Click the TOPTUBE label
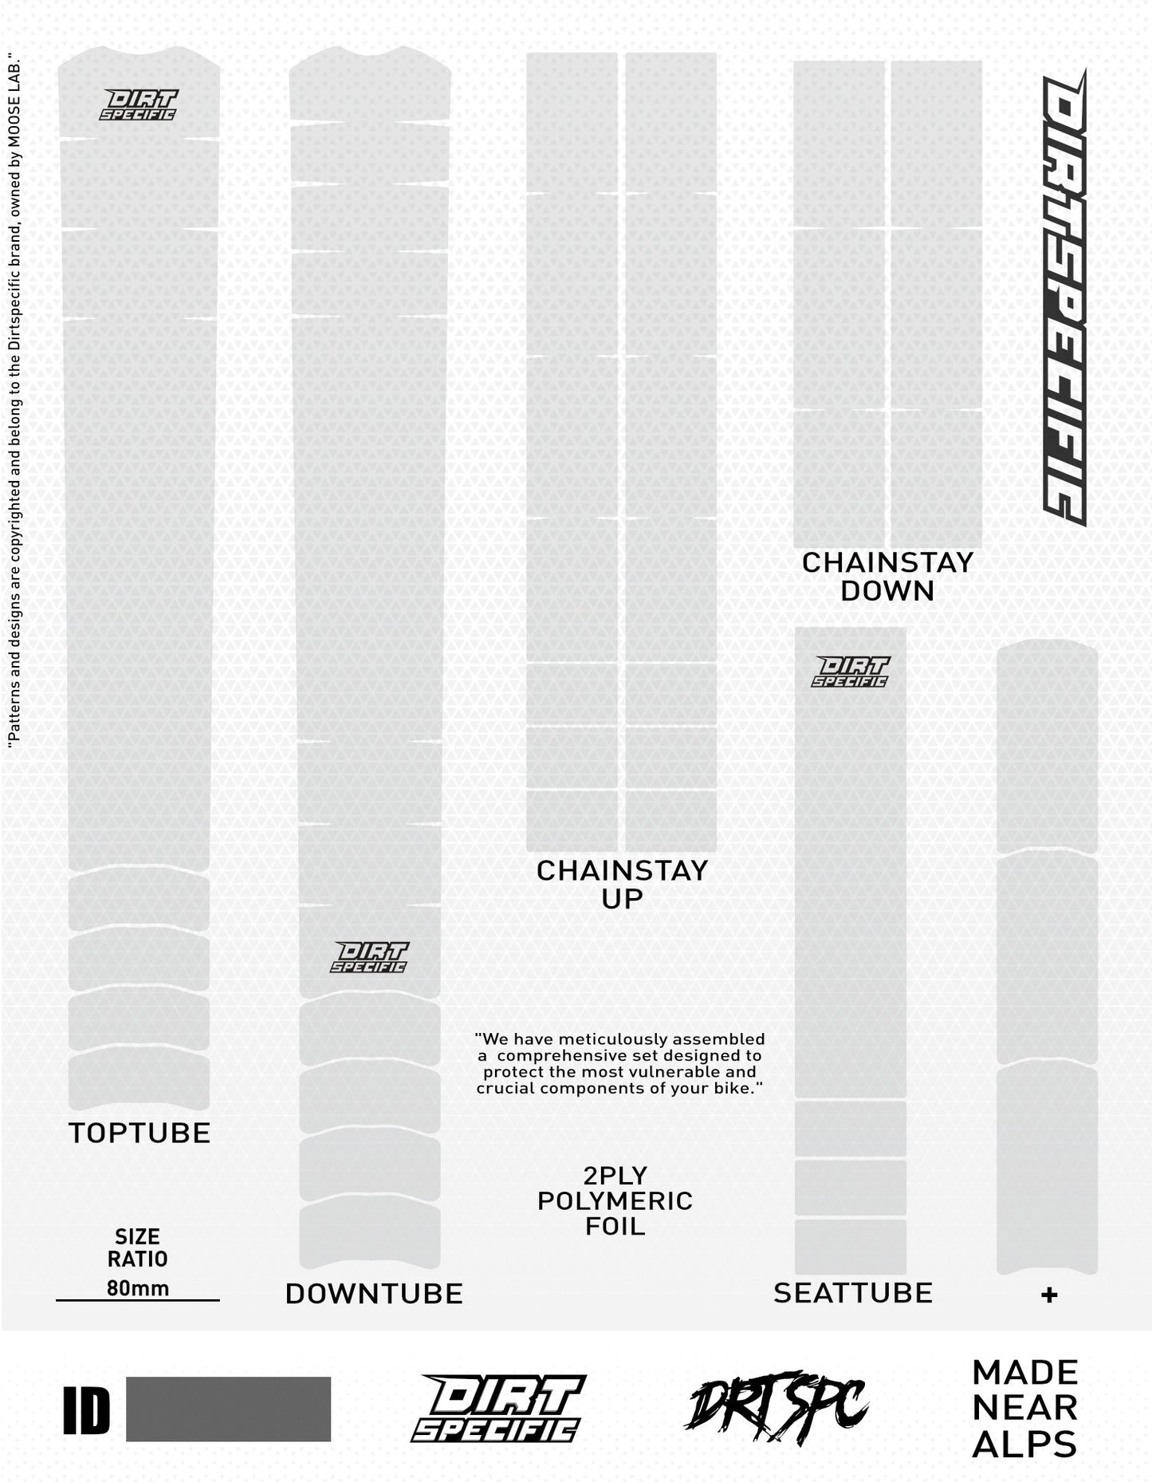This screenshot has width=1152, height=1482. click(140, 1133)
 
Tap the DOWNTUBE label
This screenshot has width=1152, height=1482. click(374, 1294)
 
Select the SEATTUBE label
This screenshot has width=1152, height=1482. click(853, 1293)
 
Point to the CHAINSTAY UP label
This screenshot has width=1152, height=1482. click(622, 884)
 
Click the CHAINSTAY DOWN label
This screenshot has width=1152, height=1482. click(887, 577)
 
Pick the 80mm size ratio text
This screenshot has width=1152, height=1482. click(138, 1288)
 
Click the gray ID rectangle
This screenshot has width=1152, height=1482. click(228, 1409)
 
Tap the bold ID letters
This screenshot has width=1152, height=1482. click(86, 1410)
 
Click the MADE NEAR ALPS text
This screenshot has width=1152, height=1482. click(1025, 1409)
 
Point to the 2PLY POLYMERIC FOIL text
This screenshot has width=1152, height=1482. click(615, 1200)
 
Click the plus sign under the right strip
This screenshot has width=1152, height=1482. click(1049, 1295)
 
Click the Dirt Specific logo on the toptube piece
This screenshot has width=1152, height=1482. click(140, 104)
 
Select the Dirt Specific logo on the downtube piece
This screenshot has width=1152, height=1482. click(369, 956)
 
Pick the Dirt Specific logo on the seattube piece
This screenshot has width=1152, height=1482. click(850, 671)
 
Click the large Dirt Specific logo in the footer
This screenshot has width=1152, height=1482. click(498, 1409)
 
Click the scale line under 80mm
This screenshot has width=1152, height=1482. click(138, 1301)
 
